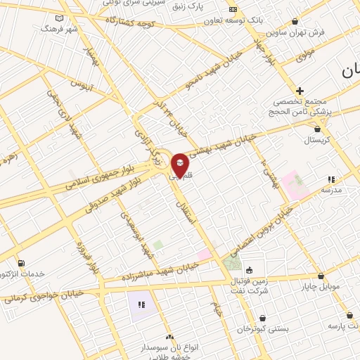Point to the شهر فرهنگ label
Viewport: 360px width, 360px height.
(58, 29)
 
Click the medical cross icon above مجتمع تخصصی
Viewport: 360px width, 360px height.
(300, 91)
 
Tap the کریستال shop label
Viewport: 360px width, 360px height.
(321, 140)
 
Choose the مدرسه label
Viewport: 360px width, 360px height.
(331, 190)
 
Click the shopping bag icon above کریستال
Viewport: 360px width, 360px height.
(320, 129)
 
